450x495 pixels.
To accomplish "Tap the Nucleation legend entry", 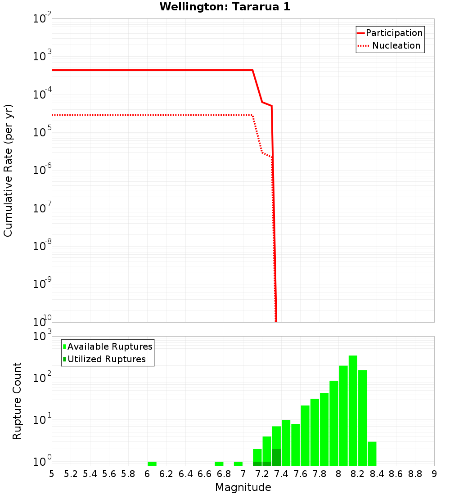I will click(x=396, y=45).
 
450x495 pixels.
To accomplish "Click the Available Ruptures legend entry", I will click(x=110, y=346).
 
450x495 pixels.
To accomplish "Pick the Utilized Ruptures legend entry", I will click(x=106, y=359).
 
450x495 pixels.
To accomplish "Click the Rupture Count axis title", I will click(x=17, y=401).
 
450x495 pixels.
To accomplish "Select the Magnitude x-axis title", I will click(x=243, y=487).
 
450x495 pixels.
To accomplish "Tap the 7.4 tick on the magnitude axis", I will click(x=281, y=473).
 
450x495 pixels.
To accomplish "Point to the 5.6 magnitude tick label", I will click(x=109, y=473).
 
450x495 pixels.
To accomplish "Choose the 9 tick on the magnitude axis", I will click(x=434, y=473).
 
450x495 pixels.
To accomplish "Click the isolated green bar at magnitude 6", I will click(x=152, y=463).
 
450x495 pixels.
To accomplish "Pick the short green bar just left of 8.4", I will click(x=372, y=454).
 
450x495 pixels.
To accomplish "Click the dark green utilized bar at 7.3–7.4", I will click(x=276, y=457).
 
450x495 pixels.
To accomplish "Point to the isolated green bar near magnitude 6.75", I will click(x=219, y=463).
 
